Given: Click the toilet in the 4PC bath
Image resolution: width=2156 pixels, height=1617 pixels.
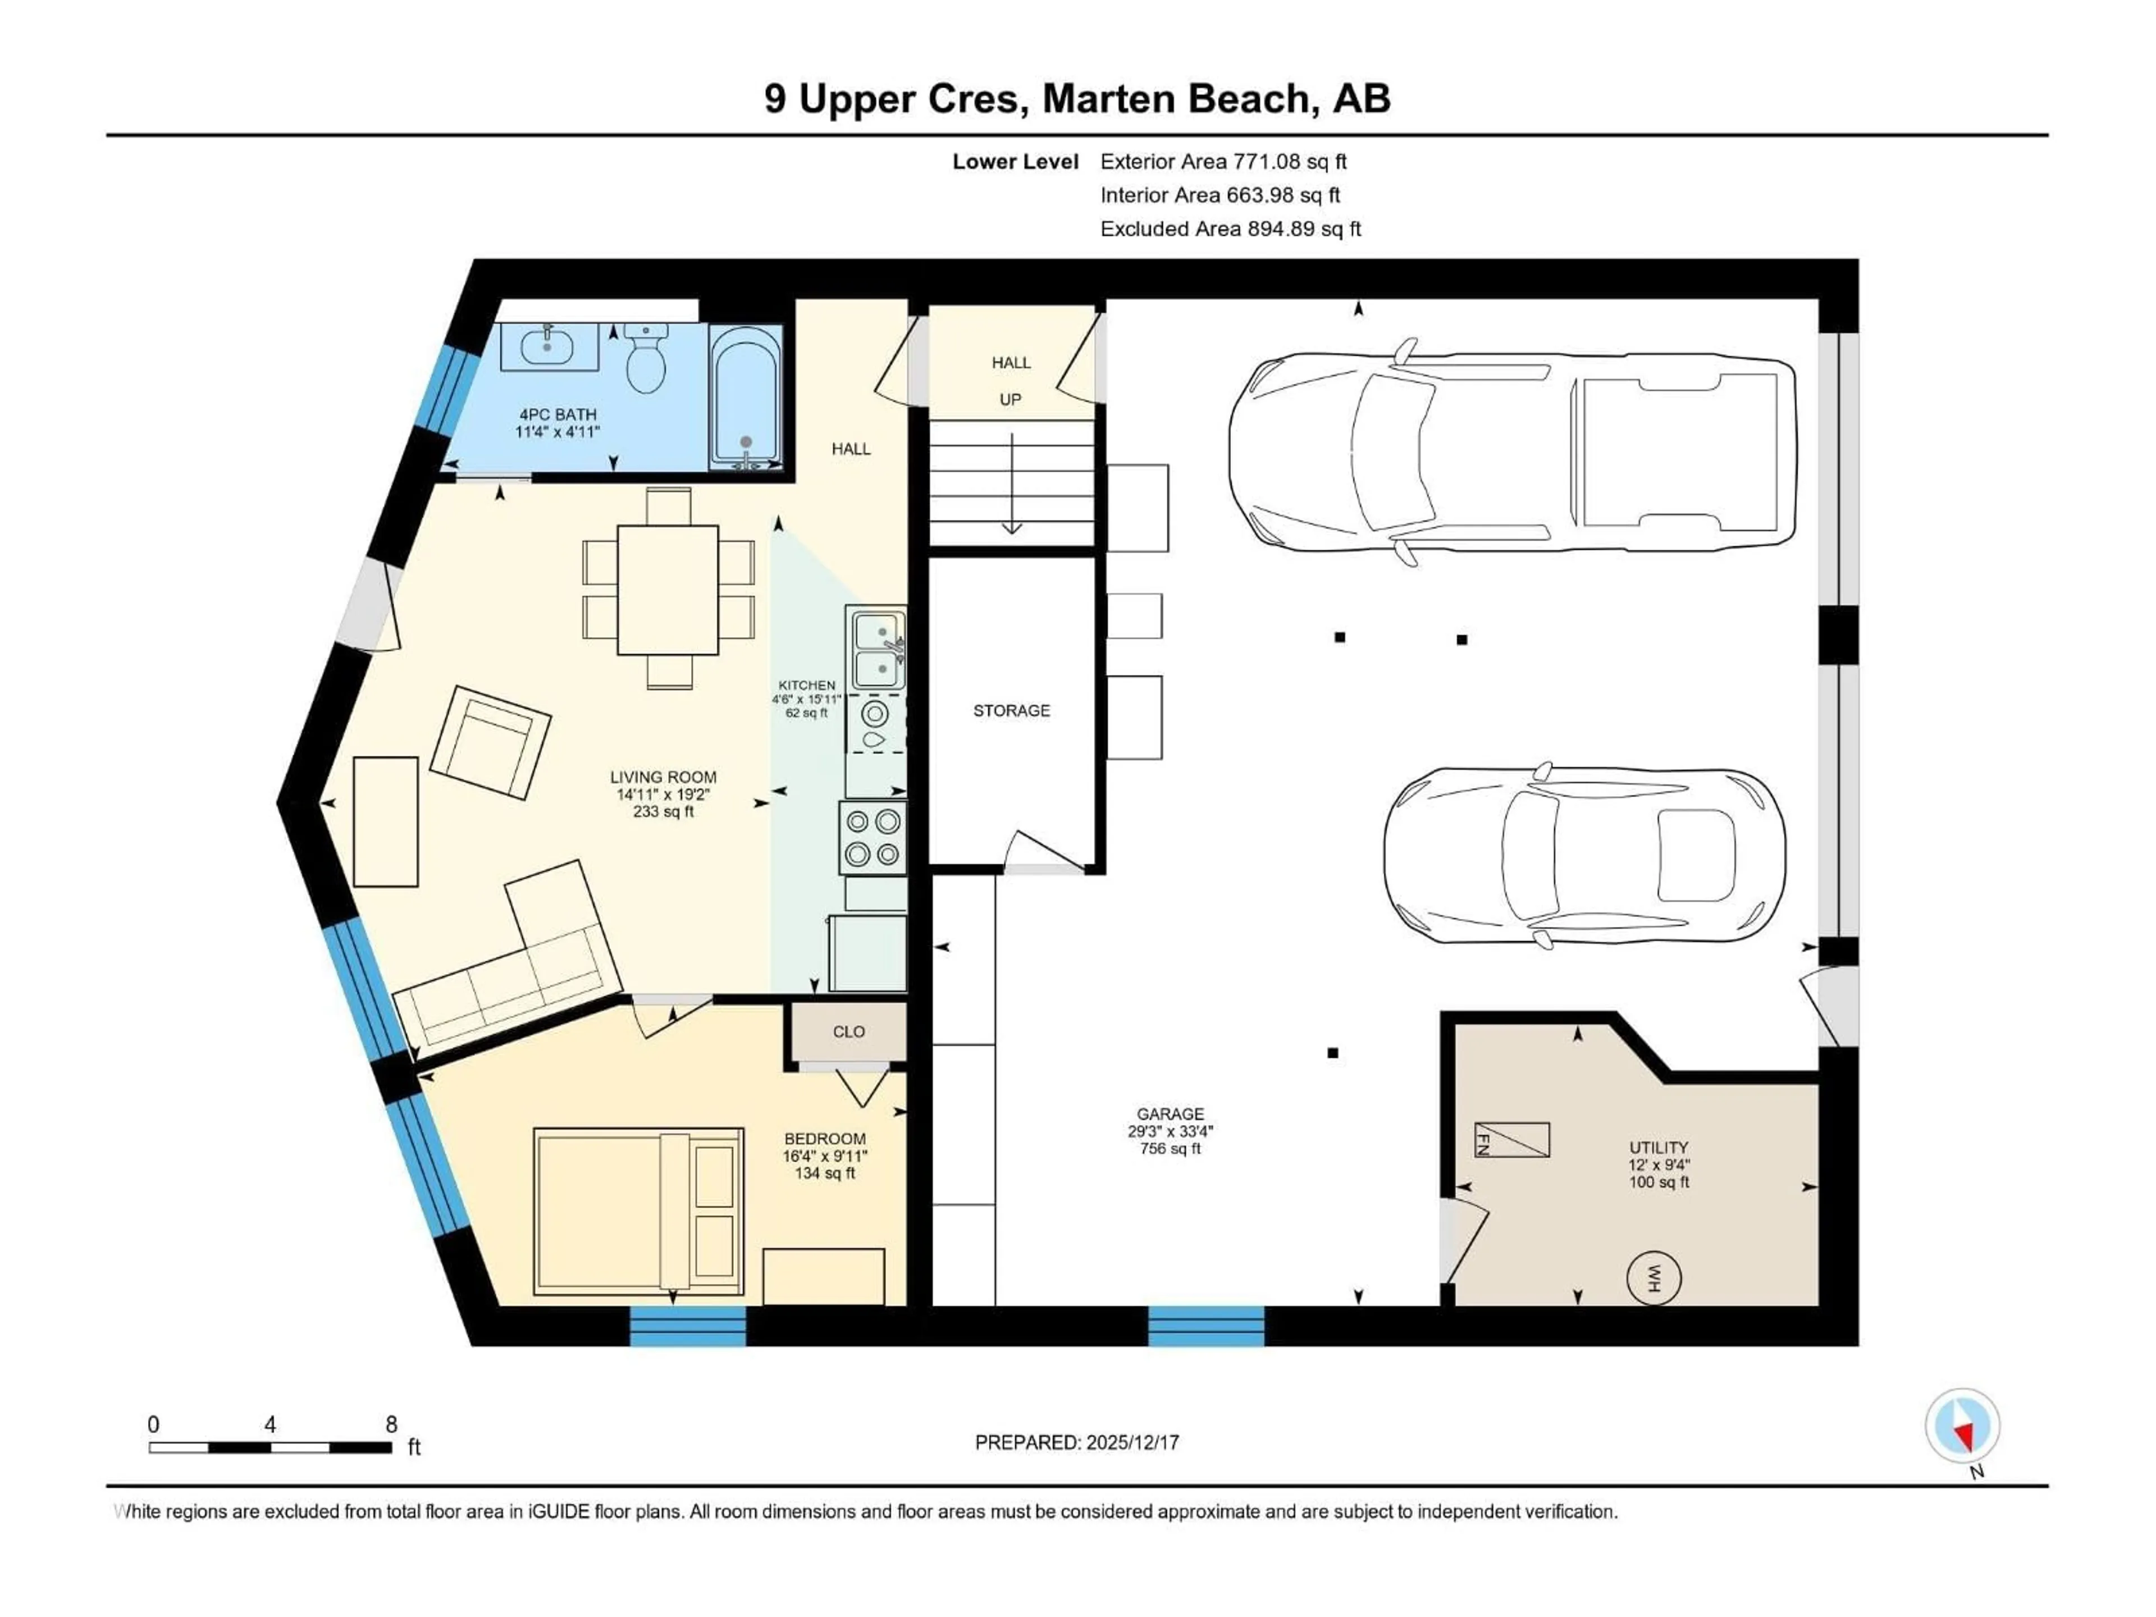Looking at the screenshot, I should (x=645, y=360).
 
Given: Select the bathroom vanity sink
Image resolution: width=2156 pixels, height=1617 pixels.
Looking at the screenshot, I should (x=549, y=346).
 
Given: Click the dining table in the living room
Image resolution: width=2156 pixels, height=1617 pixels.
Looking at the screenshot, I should (x=668, y=590).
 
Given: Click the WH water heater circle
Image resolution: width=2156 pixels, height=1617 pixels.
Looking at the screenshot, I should (x=1653, y=1278).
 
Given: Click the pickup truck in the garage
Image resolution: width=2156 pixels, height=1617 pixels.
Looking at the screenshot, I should (x=1511, y=453).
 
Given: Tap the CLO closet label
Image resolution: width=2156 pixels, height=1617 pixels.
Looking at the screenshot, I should (x=848, y=1031).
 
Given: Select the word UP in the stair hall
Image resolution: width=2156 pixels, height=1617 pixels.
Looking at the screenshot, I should (x=1010, y=400).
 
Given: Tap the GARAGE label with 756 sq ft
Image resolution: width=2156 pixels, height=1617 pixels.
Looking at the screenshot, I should (x=1170, y=1131).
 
